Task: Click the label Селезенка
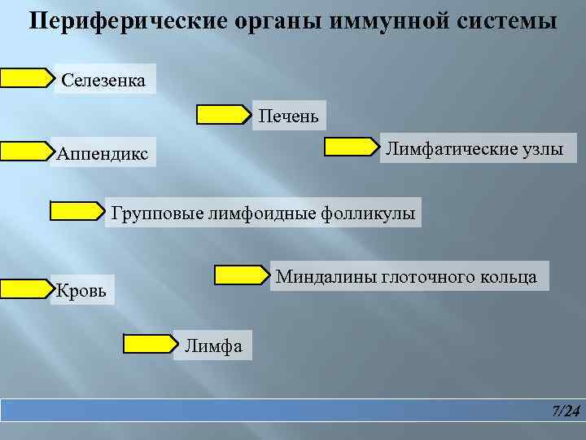(103, 80)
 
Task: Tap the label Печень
(288, 117)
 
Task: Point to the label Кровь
(81, 289)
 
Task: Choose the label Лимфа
(213, 345)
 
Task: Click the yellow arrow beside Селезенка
(25, 77)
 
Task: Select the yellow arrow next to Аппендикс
(25, 151)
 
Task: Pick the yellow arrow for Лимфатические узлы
(352, 147)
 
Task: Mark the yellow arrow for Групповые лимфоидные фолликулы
(77, 211)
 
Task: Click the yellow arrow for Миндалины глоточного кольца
(242, 275)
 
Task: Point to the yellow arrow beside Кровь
(25, 288)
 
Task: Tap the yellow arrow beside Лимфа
(150, 344)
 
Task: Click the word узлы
(543, 148)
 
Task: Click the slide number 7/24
(566, 411)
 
